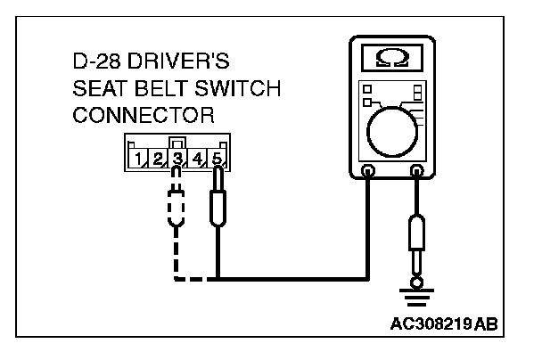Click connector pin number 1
click(x=138, y=160)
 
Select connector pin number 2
click(x=157, y=160)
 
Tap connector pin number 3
click(x=177, y=160)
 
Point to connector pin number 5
click(x=217, y=160)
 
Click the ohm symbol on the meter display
click(x=390, y=58)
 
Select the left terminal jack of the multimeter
click(x=369, y=170)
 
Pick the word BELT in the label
click(x=158, y=90)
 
